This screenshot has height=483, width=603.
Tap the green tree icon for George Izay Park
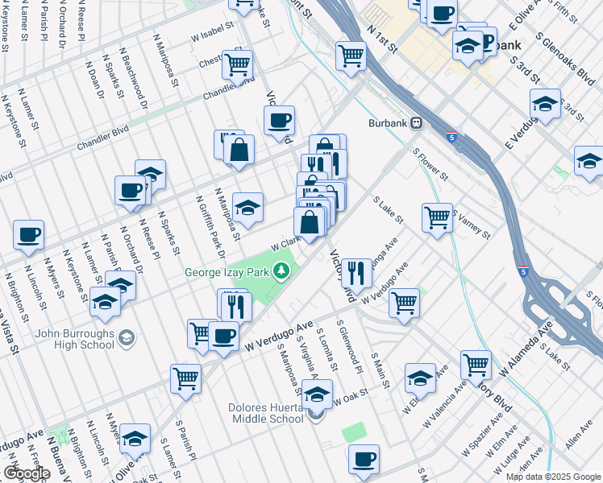(282, 271)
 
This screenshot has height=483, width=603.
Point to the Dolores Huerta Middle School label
(256, 412)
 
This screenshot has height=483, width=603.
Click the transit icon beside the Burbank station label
(417, 123)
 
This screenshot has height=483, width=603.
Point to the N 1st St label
(381, 39)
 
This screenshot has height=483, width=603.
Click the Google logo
(27, 473)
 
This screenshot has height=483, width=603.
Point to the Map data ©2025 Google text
(552, 477)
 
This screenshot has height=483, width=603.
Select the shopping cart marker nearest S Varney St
(437, 217)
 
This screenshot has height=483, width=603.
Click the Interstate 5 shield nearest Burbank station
(451, 138)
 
